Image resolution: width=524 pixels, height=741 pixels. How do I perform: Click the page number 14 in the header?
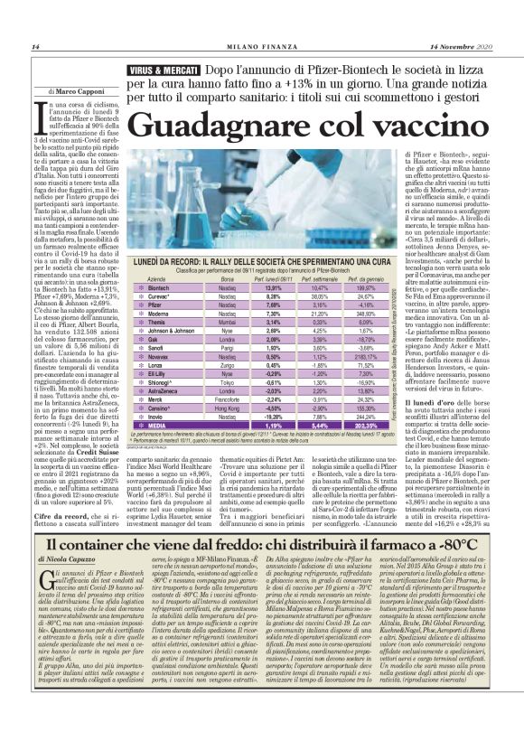coord(35,47)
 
